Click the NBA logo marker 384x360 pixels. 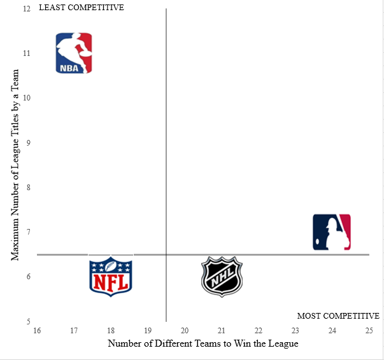point(74,53)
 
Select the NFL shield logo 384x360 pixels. point(111,275)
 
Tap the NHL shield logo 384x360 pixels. point(222,277)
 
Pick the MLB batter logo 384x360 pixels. point(332,232)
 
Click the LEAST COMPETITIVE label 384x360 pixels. point(82,8)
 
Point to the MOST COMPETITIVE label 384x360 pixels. point(338,316)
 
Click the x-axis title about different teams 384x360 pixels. point(203,343)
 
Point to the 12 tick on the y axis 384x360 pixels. point(26,9)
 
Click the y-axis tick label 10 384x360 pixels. point(26,98)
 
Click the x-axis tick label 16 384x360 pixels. point(37,331)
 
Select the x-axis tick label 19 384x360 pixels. point(148,331)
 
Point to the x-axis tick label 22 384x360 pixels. point(259,331)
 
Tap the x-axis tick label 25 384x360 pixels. point(369,331)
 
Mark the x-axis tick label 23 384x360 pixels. point(295,331)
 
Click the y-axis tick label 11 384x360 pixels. point(26,53)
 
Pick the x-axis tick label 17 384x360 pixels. point(74,331)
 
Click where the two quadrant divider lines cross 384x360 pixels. point(166,255)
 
